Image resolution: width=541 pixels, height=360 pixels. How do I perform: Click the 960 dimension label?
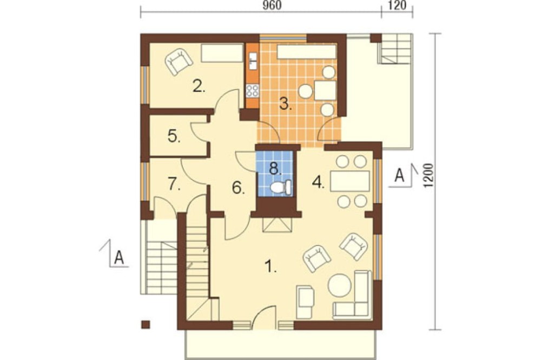(272, 5)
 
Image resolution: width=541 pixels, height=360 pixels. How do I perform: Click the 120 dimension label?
(397, 5)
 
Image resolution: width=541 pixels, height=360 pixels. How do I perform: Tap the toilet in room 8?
(281, 187)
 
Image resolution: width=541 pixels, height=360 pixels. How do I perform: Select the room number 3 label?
(285, 103)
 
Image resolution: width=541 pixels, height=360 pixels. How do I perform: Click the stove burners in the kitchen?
(252, 91)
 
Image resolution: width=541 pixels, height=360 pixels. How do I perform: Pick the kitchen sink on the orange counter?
(253, 61)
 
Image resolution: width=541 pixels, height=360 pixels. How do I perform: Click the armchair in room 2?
(179, 61)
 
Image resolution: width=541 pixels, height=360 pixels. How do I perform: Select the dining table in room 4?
(350, 181)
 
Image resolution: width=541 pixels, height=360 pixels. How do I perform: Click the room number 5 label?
(174, 137)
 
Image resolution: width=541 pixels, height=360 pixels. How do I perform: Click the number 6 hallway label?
(238, 188)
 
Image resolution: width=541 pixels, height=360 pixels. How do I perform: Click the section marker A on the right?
(399, 175)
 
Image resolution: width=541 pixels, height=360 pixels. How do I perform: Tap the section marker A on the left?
(118, 257)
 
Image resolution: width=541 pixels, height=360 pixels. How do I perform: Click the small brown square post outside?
(146, 324)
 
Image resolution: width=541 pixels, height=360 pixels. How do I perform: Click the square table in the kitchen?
(325, 90)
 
